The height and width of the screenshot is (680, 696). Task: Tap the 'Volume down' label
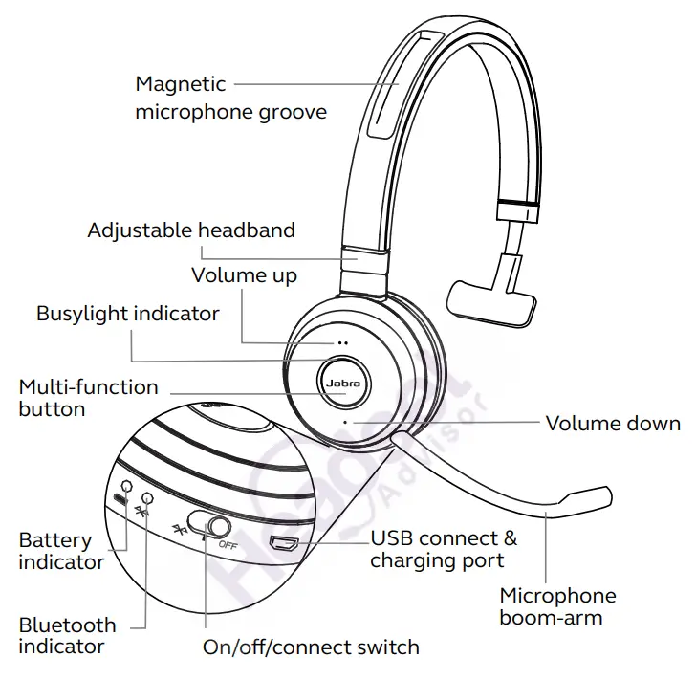(613, 423)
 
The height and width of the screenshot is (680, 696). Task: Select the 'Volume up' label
(244, 275)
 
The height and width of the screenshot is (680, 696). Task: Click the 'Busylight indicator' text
(127, 314)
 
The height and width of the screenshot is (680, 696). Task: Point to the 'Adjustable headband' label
(191, 230)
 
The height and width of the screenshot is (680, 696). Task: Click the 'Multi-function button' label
(88, 398)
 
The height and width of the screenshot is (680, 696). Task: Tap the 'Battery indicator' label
(61, 551)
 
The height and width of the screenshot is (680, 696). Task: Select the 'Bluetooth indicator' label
(67, 635)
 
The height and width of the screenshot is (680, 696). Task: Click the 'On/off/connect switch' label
(311, 647)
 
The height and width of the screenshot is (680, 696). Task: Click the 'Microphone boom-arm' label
(557, 605)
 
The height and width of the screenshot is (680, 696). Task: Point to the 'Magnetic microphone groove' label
(230, 98)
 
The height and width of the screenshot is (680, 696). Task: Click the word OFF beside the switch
(228, 545)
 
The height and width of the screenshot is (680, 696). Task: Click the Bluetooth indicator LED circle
(147, 497)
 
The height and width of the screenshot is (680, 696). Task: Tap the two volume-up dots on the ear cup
(340, 342)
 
